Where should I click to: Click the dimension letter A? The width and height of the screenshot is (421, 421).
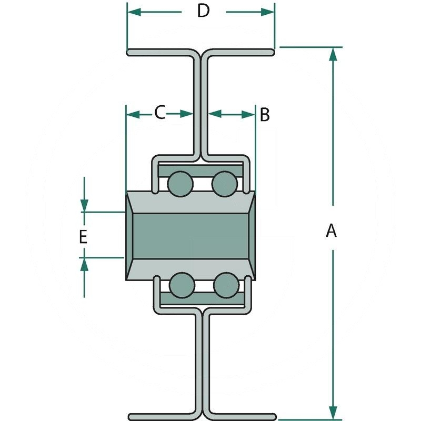(331, 230)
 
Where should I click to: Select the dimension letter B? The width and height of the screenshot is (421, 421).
(265, 114)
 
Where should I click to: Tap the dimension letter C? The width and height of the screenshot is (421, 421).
(160, 112)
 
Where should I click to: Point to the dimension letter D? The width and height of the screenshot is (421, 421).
(203, 11)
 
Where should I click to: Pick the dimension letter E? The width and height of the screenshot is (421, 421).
(83, 236)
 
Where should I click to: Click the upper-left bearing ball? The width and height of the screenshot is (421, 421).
(180, 184)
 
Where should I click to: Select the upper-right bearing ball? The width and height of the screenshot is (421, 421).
(224, 184)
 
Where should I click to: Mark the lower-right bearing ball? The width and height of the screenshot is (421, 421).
(225, 285)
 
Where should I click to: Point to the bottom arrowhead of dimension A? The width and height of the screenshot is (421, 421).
(332, 410)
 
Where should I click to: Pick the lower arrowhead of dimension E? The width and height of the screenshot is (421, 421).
(84, 265)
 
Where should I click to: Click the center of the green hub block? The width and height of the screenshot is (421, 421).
(191, 235)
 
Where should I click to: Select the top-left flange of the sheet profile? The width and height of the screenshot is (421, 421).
(158, 53)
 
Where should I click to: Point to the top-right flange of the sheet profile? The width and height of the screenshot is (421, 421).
(242, 53)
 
